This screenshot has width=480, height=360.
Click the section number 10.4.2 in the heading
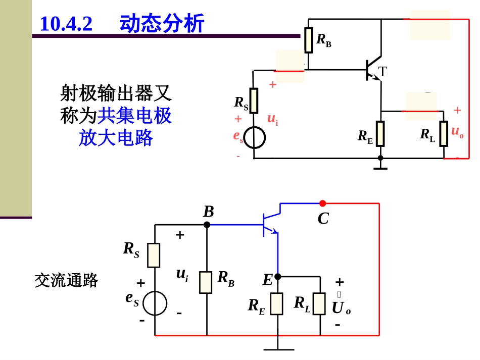pos(66,24)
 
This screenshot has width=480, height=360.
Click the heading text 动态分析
pos(162,24)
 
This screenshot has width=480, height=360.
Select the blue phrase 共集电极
pos(134,116)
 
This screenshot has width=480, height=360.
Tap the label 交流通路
pos(66,280)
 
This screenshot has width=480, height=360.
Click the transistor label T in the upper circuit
pos(383,72)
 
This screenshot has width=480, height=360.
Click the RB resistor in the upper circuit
pos(309,40)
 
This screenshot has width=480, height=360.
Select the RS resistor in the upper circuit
pos(254,100)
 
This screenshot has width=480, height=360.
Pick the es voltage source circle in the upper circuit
pos(254,137)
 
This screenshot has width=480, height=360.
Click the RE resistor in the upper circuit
pos(380,133)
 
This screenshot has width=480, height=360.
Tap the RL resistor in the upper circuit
pos(444,133)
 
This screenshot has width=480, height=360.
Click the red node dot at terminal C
pos(322,203)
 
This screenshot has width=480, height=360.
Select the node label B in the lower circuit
pos(209,212)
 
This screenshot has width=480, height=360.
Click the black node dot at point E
pos(277,277)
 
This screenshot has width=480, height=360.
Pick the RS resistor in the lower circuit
pos(154,255)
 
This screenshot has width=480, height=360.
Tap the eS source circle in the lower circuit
pos(155,303)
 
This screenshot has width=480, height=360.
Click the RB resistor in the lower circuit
pos(206,282)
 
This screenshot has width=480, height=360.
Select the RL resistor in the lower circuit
pos(319,303)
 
